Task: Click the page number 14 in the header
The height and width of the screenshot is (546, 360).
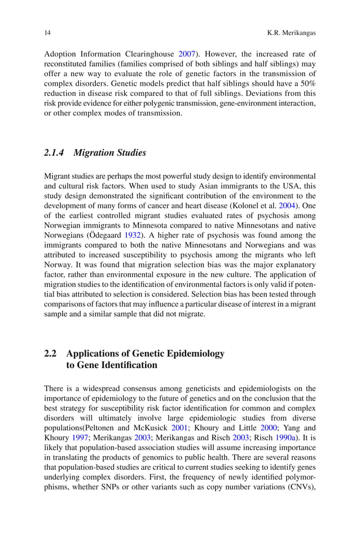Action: coord(47,33)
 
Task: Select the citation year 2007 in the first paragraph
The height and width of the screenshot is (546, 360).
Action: coord(186,55)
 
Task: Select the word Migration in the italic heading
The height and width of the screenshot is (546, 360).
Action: coord(94,152)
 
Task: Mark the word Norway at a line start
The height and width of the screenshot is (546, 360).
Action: coord(58,264)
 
